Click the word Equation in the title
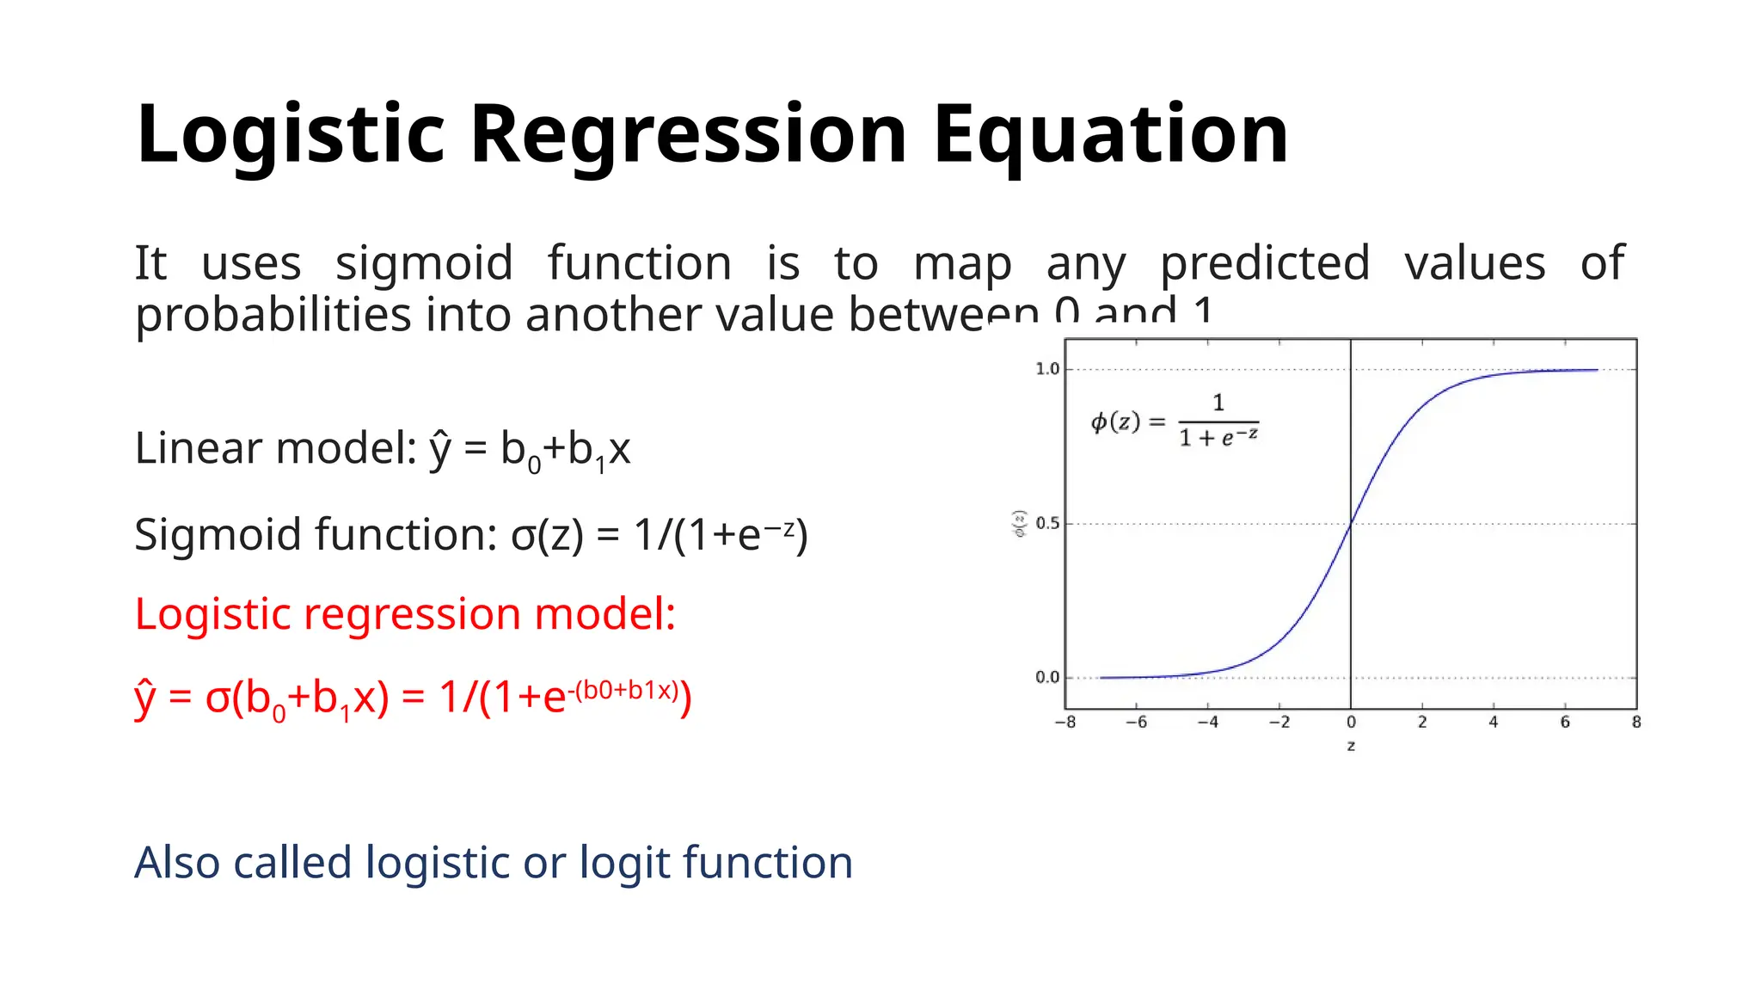[1110, 134]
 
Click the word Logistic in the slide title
[290, 134]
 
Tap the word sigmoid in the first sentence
[424, 263]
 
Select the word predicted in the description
[1264, 263]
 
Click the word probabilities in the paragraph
[273, 315]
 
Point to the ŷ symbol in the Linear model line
[439, 449]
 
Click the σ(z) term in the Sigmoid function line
[547, 535]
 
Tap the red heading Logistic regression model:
[405, 614]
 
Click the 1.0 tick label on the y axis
[1046, 369]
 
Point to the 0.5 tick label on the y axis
[1046, 523]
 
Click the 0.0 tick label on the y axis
[1046, 678]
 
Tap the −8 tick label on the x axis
[1065, 723]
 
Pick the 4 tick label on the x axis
[1493, 723]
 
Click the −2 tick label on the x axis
[1279, 723]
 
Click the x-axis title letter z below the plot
[1351, 746]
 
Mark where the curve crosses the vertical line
[1351, 523]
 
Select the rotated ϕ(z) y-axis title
[1020, 523]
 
